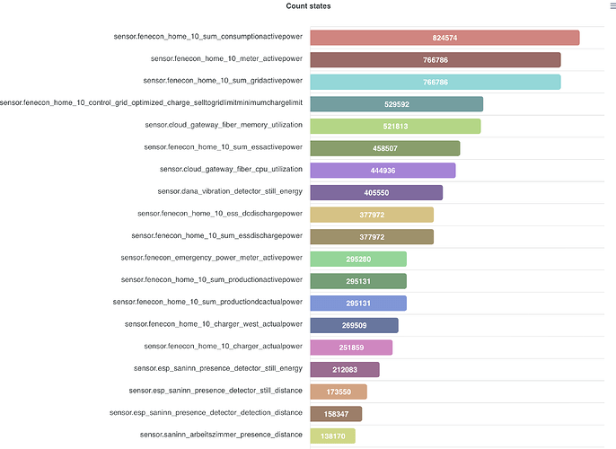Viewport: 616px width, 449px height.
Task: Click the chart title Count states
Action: pos(308,6)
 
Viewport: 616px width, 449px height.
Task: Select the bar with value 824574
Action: pos(444,38)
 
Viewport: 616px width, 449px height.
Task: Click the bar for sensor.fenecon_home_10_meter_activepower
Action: pos(436,60)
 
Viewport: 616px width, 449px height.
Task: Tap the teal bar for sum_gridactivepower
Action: pos(436,82)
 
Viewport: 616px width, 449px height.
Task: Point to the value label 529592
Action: pos(397,104)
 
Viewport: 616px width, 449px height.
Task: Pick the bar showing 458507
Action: pos(385,148)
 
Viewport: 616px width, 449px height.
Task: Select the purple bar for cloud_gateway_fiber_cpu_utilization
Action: pos(383,171)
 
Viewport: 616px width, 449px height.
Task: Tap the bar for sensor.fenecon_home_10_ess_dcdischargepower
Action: pos(372,215)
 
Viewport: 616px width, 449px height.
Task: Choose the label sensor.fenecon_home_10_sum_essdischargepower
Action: pos(216,236)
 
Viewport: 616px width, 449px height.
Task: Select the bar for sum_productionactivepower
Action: pos(358,281)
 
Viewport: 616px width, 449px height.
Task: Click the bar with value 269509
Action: pos(354,325)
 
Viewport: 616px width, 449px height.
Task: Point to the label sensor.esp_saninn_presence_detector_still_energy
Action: pos(218,368)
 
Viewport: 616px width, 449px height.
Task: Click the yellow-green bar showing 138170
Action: pos(332,436)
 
